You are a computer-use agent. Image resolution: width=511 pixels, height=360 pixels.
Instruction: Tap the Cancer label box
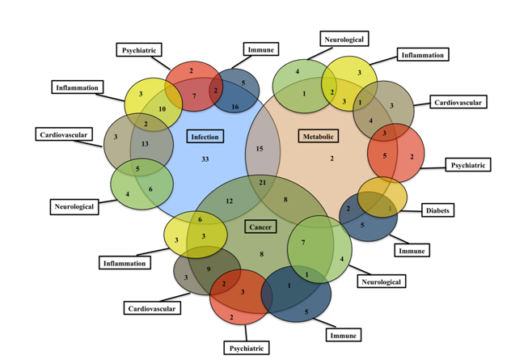(x=260, y=227)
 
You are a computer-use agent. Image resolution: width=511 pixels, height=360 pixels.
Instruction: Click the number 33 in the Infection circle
(x=205, y=159)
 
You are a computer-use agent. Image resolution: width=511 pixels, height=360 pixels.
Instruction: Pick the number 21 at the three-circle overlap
(x=261, y=184)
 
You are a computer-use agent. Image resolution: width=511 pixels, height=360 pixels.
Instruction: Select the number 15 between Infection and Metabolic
(x=260, y=149)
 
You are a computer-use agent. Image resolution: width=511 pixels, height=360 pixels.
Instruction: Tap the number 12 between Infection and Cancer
(x=230, y=201)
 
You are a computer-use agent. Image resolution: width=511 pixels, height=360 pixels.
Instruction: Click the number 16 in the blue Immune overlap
(x=235, y=106)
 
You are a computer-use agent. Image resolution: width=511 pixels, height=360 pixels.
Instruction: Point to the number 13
(x=145, y=144)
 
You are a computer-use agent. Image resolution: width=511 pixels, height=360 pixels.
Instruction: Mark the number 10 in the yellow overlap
(x=162, y=109)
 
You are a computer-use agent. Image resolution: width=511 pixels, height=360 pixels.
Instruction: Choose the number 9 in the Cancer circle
(x=209, y=269)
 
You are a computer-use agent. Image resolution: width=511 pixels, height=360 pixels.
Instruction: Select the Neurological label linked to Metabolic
(x=344, y=39)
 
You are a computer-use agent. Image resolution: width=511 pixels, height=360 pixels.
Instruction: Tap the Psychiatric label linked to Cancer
(x=246, y=348)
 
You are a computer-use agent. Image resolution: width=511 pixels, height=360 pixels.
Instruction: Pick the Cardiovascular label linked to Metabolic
(x=458, y=103)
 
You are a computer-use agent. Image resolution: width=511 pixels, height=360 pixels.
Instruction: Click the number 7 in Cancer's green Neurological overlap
(x=302, y=243)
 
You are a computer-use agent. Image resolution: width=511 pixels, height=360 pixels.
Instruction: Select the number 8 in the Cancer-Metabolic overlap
(x=285, y=199)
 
